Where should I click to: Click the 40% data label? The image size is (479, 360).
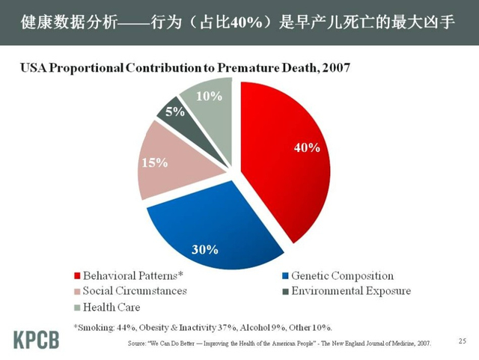point(307,148)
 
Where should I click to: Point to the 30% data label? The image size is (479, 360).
point(205,249)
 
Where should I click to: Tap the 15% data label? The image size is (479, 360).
point(154,162)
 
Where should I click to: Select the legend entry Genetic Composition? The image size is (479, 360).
point(340,275)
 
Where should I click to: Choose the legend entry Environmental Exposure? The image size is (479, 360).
point(350,291)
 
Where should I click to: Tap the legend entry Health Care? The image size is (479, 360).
point(112,307)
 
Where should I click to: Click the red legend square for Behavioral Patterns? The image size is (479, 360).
point(76,276)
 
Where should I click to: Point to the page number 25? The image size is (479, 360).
point(462,342)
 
